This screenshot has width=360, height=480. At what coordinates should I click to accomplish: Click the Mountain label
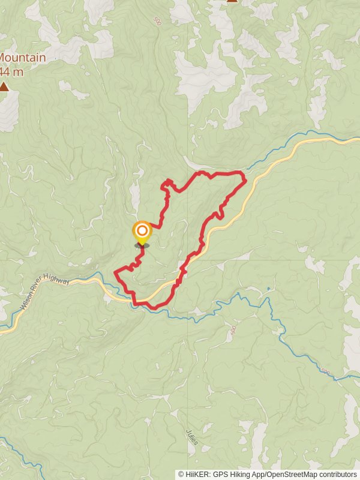pos(23,58)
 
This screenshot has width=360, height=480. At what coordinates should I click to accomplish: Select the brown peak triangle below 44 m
pos(4,87)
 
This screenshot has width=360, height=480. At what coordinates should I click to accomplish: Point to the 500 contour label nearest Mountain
pos(158,21)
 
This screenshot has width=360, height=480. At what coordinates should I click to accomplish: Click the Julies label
pos(191,436)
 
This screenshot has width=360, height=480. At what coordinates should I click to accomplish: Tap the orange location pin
pos(142,232)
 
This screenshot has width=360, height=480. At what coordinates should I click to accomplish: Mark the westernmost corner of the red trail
pos(115,274)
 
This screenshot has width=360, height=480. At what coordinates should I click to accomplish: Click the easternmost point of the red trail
pos(246,179)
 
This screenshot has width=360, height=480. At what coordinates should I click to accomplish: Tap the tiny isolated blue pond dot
pos(268,289)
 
